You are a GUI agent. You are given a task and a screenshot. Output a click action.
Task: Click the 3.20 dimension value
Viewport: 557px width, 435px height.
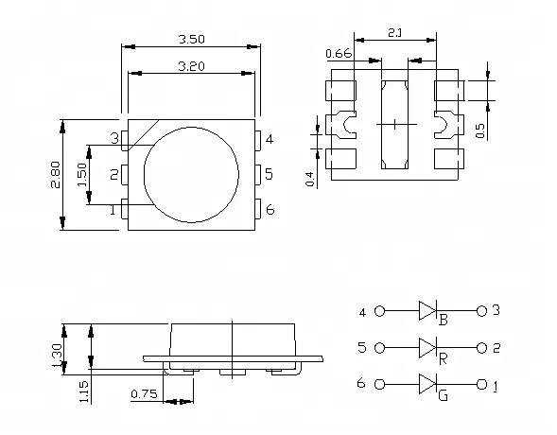click(192, 66)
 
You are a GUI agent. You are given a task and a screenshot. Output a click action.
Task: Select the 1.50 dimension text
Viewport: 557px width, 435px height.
click(82, 174)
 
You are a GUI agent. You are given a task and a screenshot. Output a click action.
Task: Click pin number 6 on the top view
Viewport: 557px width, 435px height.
click(270, 209)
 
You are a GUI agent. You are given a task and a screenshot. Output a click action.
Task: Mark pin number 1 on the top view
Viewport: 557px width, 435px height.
click(114, 210)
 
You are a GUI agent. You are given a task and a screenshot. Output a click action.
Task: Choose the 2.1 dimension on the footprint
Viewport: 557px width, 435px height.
click(395, 34)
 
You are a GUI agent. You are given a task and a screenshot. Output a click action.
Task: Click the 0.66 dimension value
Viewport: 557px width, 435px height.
click(339, 54)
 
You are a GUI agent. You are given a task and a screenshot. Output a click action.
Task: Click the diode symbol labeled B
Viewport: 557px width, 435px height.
click(426, 310)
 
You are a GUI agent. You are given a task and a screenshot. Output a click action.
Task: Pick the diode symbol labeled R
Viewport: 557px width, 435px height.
click(426, 347)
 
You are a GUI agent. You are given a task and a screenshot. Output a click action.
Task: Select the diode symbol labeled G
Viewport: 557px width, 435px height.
click(426, 385)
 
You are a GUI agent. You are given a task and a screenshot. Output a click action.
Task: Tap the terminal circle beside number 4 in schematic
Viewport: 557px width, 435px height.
click(380, 310)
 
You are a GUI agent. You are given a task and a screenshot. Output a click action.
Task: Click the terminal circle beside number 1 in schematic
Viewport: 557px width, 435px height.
click(480, 385)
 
